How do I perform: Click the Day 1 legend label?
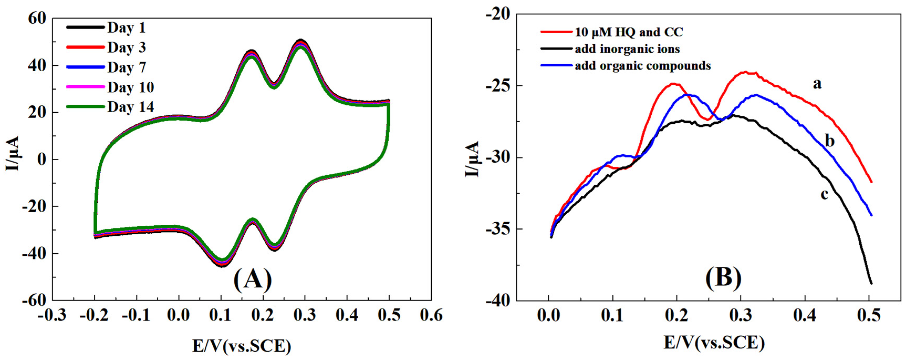pyautogui.click(x=126, y=28)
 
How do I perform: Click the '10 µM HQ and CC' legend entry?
pyautogui.click(x=629, y=32)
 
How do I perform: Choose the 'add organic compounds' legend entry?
pyautogui.click(x=642, y=66)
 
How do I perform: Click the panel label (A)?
pyautogui.click(x=253, y=279)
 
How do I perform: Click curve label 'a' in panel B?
pyautogui.click(x=817, y=84)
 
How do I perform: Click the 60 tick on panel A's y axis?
pyautogui.click(x=37, y=18)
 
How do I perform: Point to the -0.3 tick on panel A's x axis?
pyautogui.click(x=52, y=315)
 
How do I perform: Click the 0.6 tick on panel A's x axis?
pyautogui.click(x=431, y=315)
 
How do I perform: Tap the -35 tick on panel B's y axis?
pyautogui.click(x=498, y=229)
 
